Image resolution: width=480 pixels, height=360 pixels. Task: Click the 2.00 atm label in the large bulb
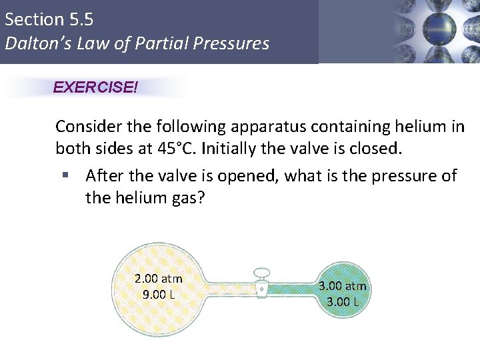tap(159, 279)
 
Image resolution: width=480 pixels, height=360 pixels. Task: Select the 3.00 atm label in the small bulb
tap(343, 286)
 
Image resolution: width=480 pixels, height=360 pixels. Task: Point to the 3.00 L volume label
tap(343, 301)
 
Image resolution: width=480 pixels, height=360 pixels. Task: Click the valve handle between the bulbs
tap(261, 273)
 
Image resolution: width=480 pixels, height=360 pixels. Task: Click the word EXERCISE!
tap(95, 87)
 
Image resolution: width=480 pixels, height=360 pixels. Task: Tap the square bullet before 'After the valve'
tap(65, 176)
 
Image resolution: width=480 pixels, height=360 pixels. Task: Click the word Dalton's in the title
tap(33, 44)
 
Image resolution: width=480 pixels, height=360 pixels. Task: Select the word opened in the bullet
tap(225, 175)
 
